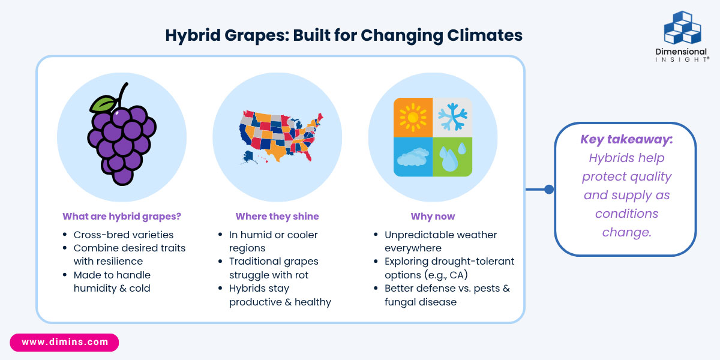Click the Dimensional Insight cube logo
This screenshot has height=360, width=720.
(682, 28)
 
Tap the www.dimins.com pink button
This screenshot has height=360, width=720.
(64, 342)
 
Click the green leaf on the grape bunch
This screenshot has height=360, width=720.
(103, 104)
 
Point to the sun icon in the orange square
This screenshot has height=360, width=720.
(413, 118)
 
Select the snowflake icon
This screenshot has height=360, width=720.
(452, 116)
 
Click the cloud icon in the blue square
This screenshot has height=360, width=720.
(413, 157)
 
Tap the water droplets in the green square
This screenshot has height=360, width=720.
(452, 157)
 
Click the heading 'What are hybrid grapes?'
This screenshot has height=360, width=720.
(122, 217)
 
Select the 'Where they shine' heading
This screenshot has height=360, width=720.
(277, 217)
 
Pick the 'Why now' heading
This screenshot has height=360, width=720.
(433, 217)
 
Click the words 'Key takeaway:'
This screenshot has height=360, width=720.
(626, 139)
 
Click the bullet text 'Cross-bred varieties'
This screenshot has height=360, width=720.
(124, 235)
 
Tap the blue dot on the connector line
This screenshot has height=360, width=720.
(549, 190)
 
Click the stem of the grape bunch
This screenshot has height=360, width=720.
(122, 95)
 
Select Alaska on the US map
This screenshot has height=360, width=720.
(248, 157)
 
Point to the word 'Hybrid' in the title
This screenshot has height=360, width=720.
(193, 35)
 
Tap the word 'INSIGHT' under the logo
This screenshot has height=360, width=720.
(682, 59)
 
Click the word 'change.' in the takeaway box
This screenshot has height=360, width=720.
(627, 232)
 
